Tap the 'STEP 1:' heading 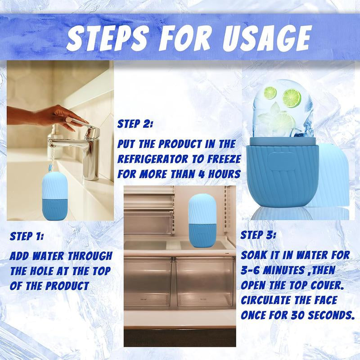pos(27,237)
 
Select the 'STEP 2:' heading pos(135,124)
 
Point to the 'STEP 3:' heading pos(258,235)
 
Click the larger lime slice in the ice pos(292,98)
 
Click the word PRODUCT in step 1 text pos(67,286)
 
